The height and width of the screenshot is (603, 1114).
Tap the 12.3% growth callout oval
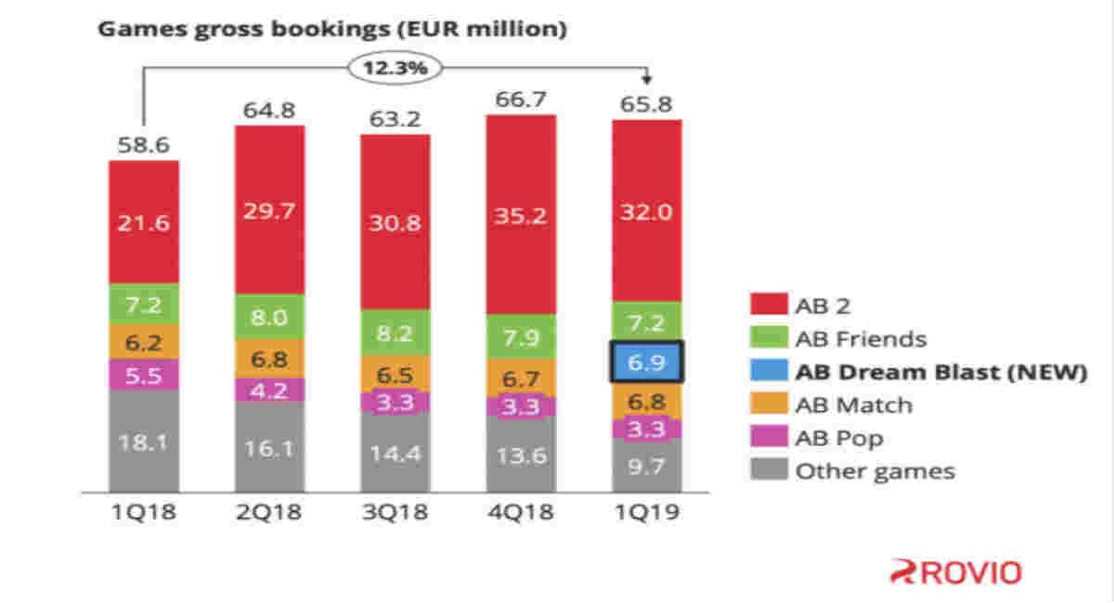395,68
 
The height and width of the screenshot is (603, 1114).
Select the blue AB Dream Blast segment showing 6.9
646,362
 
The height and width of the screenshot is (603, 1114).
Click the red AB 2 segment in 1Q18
144,223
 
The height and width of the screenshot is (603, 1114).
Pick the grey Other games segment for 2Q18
269,446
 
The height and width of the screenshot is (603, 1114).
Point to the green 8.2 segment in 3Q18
395,333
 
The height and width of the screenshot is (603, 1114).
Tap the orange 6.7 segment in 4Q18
521,378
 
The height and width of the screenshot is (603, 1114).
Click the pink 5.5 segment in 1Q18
144,375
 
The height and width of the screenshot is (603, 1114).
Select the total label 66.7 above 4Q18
521,99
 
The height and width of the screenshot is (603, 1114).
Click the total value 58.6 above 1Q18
144,145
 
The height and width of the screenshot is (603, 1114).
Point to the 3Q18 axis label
395,512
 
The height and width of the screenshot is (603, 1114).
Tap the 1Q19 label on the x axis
646,512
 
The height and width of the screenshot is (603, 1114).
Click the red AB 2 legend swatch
769,303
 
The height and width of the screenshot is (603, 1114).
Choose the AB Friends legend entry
838,339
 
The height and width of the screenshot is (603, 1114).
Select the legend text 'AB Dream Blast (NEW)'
941,372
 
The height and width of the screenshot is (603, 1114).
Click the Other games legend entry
852,470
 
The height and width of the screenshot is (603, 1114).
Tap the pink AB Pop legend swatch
769,436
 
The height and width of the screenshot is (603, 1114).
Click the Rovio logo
956,572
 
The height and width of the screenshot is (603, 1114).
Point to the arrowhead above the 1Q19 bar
646,78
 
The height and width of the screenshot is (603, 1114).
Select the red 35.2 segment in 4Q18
521,214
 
